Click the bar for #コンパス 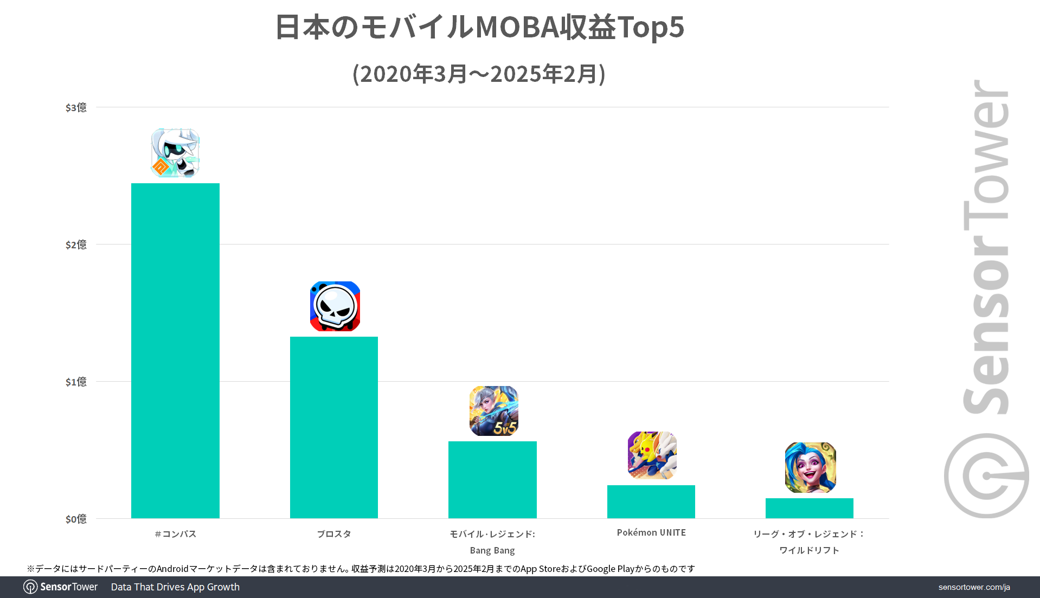tap(175, 350)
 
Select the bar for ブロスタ tap(334, 427)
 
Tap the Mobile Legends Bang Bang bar tap(492, 479)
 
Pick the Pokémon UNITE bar tap(651, 501)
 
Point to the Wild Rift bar tap(809, 508)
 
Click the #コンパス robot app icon tap(175, 153)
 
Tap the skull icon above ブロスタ tap(335, 306)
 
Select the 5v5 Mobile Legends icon tap(493, 411)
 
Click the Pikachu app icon tap(652, 455)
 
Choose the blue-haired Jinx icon tap(810, 467)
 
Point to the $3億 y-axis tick tap(76, 107)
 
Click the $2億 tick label tap(76, 245)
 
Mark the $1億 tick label tap(76, 382)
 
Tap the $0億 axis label tap(76, 519)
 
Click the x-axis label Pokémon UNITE tap(651, 532)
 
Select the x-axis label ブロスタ tap(334, 534)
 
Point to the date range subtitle tap(479, 74)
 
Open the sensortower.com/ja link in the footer tap(974, 587)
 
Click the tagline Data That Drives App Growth tap(175, 587)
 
